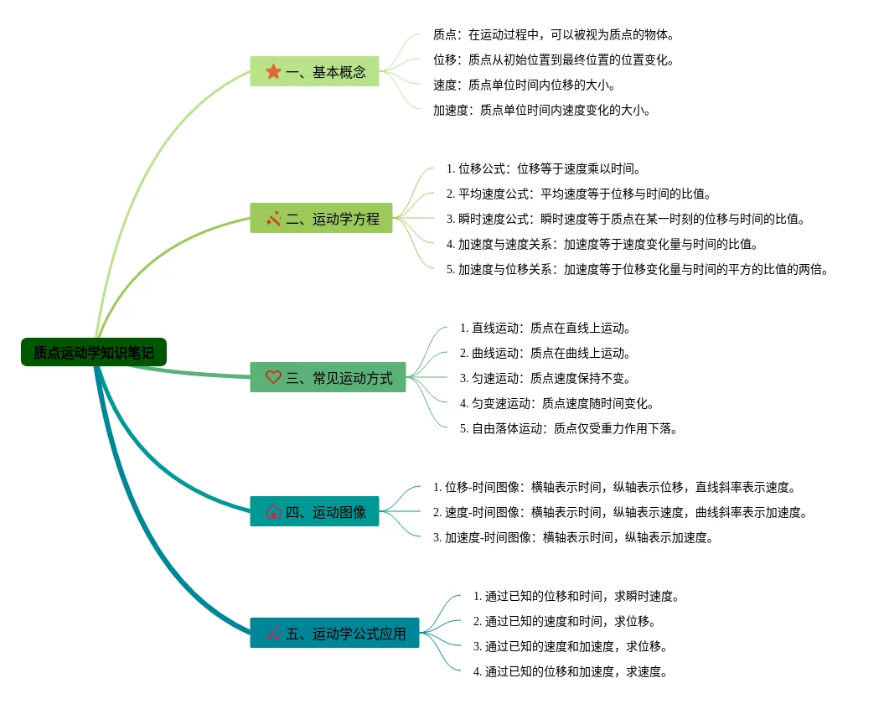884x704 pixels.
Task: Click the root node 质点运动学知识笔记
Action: tap(94, 353)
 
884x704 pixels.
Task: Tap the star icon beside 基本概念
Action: tap(273, 72)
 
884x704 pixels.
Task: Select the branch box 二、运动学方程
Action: tap(321, 219)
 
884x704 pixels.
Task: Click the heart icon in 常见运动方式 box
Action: tap(273, 378)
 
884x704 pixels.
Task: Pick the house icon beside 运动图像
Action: tap(273, 512)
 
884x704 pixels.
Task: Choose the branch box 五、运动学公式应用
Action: tap(334, 634)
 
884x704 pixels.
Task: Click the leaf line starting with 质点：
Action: tap(553, 35)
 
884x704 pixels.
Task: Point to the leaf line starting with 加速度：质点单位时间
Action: tap(541, 111)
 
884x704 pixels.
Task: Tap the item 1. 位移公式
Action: tap(544, 169)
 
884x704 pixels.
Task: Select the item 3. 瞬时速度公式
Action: tap(625, 220)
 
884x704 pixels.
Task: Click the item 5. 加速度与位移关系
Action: tap(637, 270)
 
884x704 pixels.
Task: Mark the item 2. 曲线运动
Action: tap(545, 354)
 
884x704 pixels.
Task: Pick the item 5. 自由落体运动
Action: tap(568, 429)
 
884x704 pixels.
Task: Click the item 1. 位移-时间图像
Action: tap(613, 488)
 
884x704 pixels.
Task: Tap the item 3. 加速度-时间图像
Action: tap(573, 538)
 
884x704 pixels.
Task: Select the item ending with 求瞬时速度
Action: tap(576, 597)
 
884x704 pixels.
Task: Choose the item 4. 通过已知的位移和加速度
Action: tap(570, 672)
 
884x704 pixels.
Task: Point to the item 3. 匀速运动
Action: tap(545, 379)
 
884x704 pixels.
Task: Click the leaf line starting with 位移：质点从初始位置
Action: tap(553, 60)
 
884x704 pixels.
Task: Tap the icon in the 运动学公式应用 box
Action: tap(273, 634)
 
